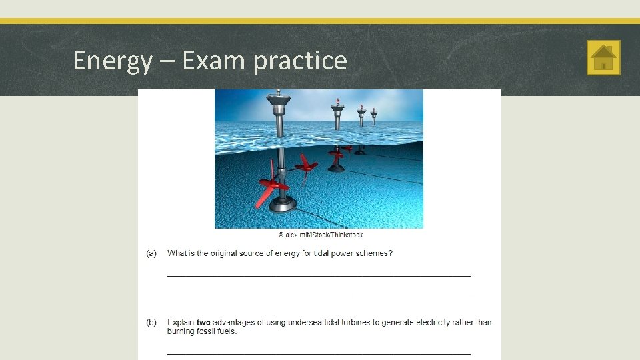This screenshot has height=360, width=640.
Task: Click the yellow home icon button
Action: click(x=603, y=57)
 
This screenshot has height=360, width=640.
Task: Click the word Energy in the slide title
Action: click(x=112, y=61)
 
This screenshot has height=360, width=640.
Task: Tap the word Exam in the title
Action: click(x=214, y=61)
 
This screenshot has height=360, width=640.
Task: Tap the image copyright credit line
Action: click(x=320, y=235)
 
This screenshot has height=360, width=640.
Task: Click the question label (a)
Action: click(x=151, y=253)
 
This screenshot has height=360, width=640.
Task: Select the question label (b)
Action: click(x=151, y=323)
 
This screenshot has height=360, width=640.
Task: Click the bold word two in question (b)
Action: click(x=203, y=323)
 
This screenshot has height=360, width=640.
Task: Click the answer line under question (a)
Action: click(x=318, y=275)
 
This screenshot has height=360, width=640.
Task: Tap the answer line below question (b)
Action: click(x=318, y=353)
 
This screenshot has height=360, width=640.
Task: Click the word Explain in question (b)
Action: click(x=181, y=323)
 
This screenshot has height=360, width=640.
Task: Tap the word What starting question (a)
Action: click(x=177, y=253)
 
